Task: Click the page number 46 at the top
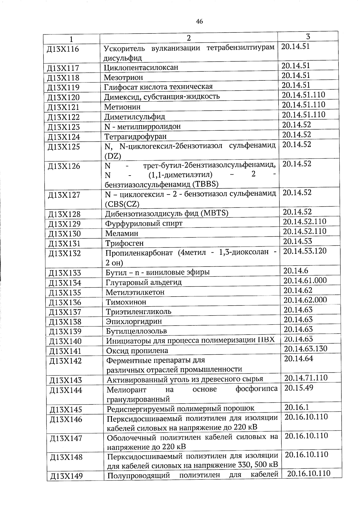pos(199,21)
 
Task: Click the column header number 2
pos(188,38)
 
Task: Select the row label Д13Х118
pos(63,78)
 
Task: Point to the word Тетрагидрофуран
pos(135,137)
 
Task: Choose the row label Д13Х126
pos(64,166)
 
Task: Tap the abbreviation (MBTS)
pos(214,213)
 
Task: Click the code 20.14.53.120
pos(305,251)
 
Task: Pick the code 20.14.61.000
pos(305,280)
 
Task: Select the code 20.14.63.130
pos(306,349)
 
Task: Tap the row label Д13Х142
pos(65,361)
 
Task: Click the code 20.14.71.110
pos(306,378)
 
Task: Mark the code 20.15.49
pos(299,388)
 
